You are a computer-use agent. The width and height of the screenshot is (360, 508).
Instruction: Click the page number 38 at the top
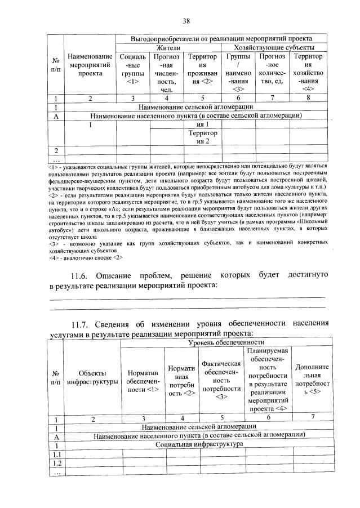[186, 21]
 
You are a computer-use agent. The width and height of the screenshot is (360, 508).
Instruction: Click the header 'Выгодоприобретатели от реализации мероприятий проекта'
[221, 39]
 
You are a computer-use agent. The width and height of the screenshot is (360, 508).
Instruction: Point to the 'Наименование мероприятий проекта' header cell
[90, 65]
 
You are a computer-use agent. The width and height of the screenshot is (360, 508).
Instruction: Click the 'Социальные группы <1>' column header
[133, 69]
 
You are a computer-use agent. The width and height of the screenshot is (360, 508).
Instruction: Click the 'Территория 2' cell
[203, 137]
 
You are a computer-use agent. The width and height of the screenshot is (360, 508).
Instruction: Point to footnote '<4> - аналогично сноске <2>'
[86, 257]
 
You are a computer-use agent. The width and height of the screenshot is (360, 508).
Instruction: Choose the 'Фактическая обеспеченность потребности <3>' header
[221, 380]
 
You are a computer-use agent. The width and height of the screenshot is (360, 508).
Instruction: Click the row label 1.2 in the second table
[56, 464]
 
